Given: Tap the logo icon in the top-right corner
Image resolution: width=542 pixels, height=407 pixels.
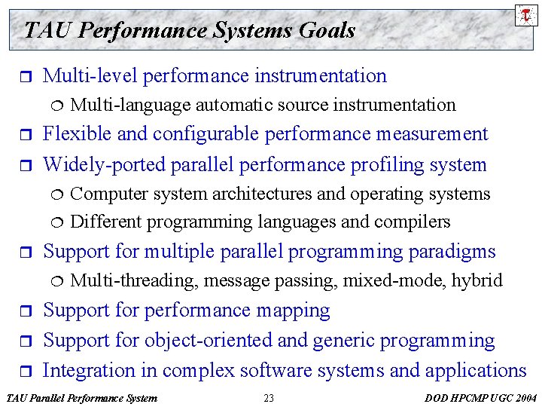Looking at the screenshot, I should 525,14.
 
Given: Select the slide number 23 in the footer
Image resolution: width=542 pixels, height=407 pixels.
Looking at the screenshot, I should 269,398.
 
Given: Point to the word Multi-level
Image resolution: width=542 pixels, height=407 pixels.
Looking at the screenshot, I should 90,75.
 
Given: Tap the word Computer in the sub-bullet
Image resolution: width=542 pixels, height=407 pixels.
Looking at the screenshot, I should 109,194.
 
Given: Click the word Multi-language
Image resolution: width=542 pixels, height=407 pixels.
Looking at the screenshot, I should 129,105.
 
